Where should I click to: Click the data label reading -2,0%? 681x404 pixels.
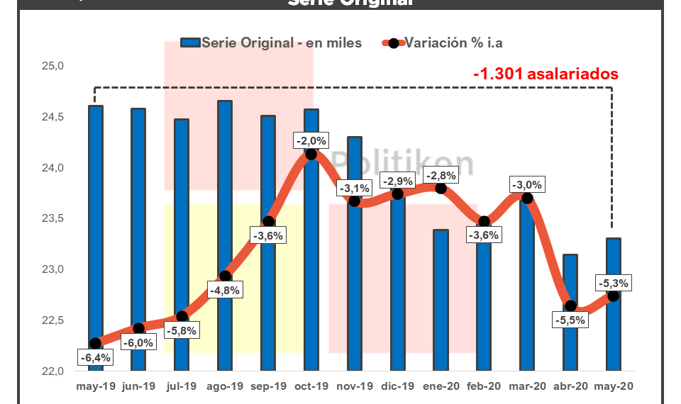pos(311,140)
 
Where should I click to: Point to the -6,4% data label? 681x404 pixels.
pos(95,358)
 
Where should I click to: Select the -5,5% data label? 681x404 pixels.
pos(570,320)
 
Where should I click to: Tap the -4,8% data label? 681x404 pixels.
pos(224,290)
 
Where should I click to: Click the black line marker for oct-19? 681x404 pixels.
pos(311,155)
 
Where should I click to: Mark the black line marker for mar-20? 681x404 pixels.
pos(527,198)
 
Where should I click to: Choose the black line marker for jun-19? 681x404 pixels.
pos(139,328)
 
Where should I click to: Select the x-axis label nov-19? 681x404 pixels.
pos(354,386)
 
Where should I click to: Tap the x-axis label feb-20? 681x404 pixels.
pos(484,386)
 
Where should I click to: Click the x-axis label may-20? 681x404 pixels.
pos(614,386)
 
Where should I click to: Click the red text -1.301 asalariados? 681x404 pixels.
pos(546,74)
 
